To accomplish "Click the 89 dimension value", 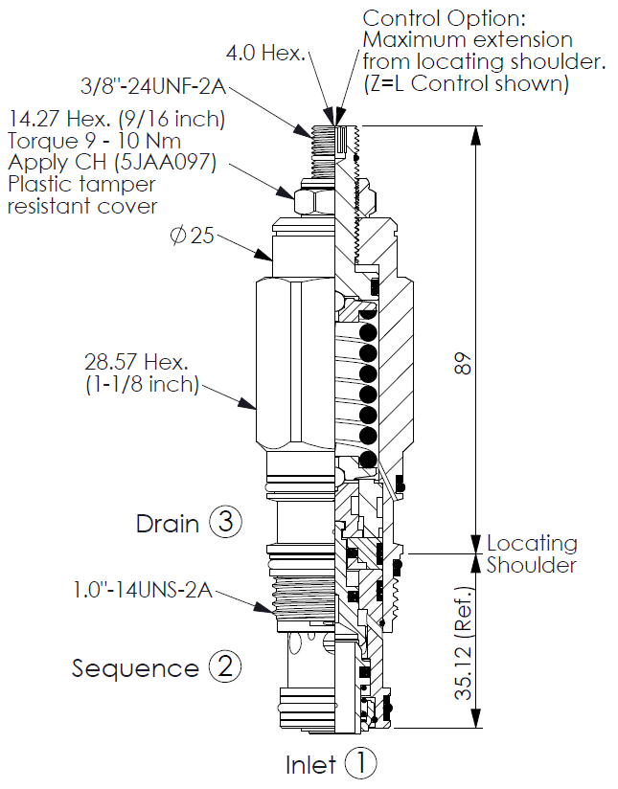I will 464,365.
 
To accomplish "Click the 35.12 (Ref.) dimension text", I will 464,641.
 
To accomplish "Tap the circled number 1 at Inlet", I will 362,763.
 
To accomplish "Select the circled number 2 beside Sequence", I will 225,667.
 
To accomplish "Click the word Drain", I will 167,524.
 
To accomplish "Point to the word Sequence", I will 135,668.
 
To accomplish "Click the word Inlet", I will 311,764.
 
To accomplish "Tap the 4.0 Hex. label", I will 264,53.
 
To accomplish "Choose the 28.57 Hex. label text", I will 140,363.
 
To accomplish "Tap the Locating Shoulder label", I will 532,554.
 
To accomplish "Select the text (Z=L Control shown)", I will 466,83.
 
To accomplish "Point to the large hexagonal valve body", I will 293,365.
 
